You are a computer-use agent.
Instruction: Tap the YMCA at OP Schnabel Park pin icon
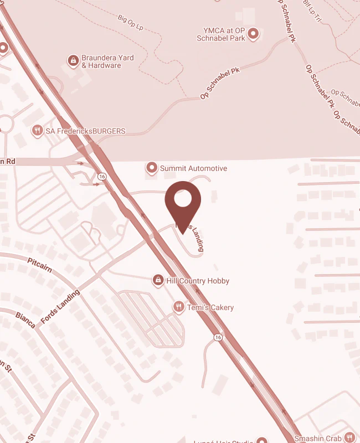[x=253, y=34]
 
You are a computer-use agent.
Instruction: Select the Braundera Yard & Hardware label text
[x=108, y=61]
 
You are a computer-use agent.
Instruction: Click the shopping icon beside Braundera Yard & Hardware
[x=73, y=60]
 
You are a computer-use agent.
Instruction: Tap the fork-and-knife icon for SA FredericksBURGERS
[x=38, y=131]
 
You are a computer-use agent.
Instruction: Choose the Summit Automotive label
[x=193, y=168]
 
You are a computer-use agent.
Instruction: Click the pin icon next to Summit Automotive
[x=151, y=167]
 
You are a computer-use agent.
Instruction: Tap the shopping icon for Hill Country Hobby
[x=158, y=281]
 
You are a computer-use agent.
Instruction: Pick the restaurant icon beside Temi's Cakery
[x=178, y=307]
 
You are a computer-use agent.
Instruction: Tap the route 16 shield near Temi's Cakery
[x=218, y=337]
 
